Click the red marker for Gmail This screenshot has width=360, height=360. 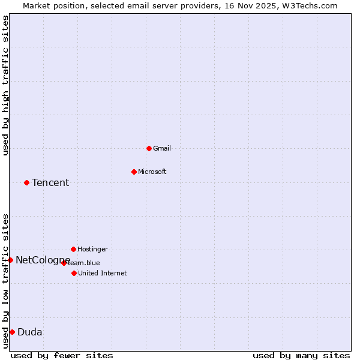tap(149, 148)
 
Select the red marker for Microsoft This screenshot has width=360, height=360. tap(134, 172)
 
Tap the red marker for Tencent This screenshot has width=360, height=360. tap(26, 182)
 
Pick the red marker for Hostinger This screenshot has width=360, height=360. tap(73, 249)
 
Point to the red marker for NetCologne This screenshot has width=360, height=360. tap(10, 260)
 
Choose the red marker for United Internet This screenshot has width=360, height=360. tap(74, 273)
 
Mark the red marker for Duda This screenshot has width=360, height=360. tap(12, 332)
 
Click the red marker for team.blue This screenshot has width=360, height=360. tap(64, 263)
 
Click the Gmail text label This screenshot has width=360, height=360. tap(161, 148)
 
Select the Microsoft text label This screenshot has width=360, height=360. tap(152, 172)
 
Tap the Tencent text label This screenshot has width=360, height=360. tap(50, 182)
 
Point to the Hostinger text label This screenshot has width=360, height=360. tap(92, 249)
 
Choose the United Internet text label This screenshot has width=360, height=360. tap(102, 273)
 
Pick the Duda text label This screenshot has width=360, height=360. tap(30, 332)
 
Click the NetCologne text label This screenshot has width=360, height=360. tap(43, 260)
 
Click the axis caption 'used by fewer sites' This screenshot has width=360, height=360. tap(62, 355)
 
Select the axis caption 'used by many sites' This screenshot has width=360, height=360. tap(301, 355)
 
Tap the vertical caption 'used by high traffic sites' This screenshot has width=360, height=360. tap(5, 85)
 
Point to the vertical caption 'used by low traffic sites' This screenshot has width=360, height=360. tap(5, 280)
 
